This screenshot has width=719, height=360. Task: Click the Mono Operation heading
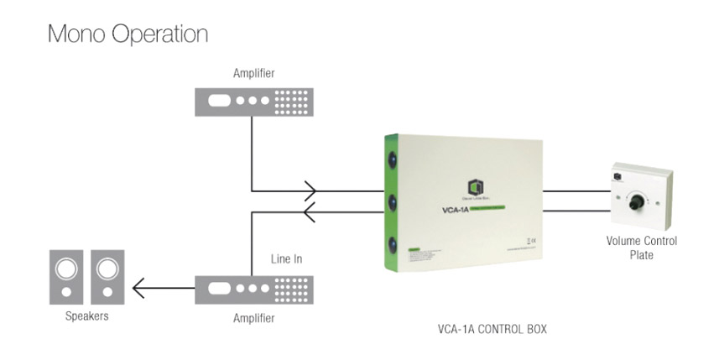click(x=128, y=35)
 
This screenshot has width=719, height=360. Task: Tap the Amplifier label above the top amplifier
click(x=253, y=74)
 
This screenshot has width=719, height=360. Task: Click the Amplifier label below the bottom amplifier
click(x=253, y=319)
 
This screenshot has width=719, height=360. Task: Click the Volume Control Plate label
click(x=642, y=248)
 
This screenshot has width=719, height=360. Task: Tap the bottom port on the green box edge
click(x=391, y=245)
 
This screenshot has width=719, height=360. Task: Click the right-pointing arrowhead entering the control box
click(x=311, y=191)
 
